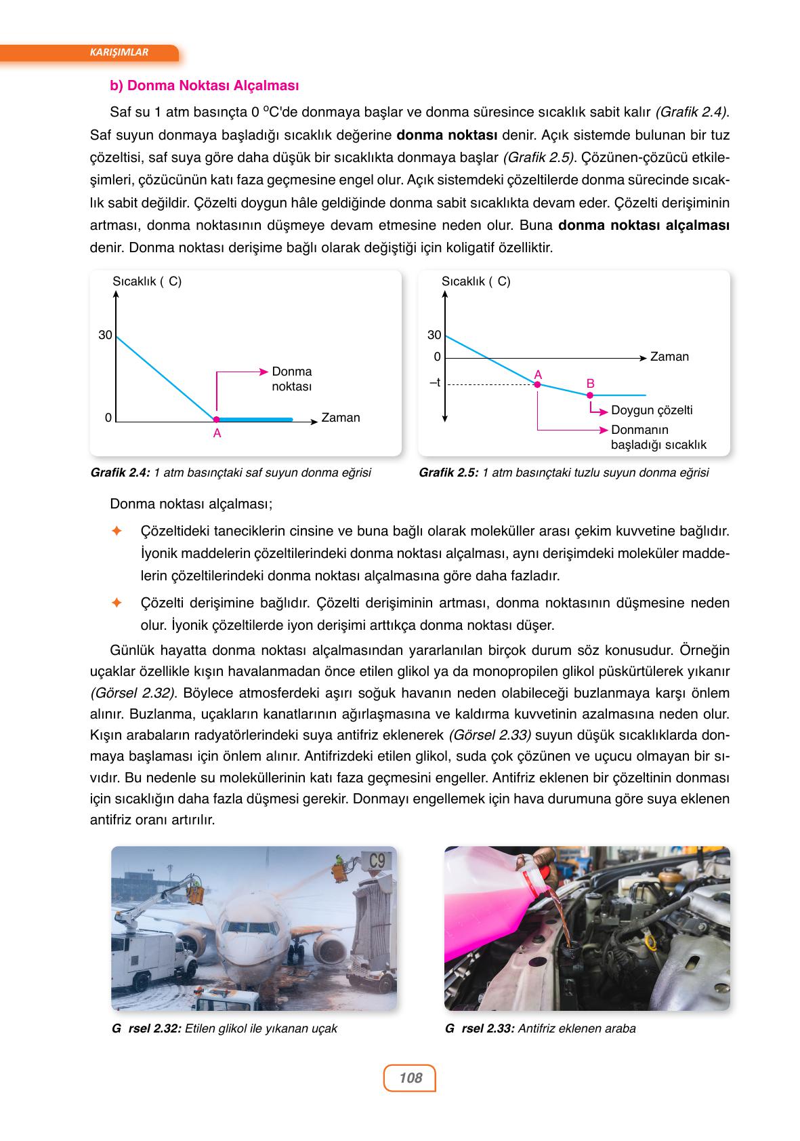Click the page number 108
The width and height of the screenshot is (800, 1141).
tap(410, 1077)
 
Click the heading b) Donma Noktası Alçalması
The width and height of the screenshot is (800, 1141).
tap(204, 86)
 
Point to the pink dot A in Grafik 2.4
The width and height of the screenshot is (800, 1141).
tap(216, 420)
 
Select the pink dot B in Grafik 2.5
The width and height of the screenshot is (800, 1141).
tap(590, 395)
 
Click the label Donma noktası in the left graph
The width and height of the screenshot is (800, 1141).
tap(291, 379)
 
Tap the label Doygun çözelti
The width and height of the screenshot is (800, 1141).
tap(651, 410)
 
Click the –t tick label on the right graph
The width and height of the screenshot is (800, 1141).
tap(435, 383)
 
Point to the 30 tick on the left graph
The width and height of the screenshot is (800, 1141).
tap(105, 335)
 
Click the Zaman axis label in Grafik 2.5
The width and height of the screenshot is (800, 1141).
tap(669, 357)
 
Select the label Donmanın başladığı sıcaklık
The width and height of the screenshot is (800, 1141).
tap(658, 437)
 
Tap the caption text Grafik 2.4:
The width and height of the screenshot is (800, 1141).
tap(120, 473)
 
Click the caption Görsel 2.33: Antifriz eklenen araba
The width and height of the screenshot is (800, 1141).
tap(540, 1028)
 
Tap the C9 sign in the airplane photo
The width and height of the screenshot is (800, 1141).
tap(377, 861)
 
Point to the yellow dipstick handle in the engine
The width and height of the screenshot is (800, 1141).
tap(652, 942)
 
